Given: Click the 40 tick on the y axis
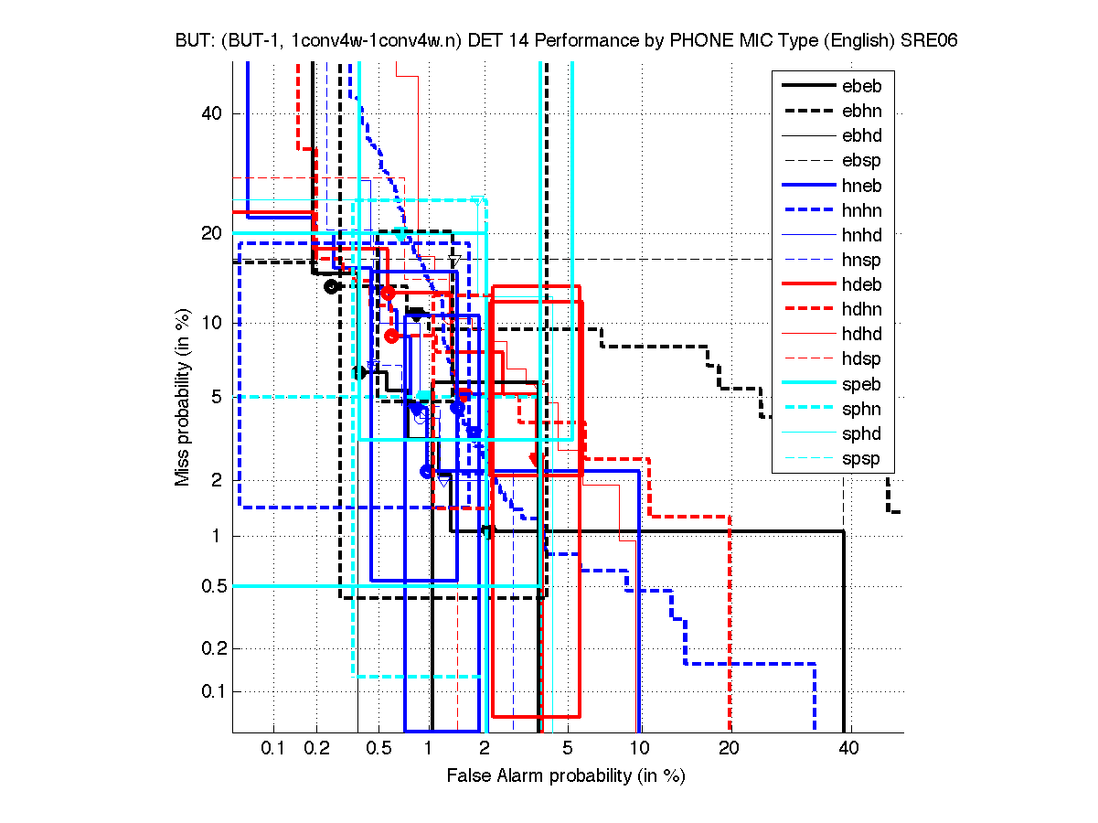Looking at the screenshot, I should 210,113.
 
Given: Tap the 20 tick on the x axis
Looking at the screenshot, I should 729,749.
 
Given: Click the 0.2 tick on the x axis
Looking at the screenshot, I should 317,749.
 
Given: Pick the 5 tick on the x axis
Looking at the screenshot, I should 568,749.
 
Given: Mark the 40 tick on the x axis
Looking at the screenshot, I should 849,749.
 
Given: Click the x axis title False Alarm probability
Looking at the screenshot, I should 565,775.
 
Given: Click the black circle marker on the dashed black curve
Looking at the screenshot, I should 332,286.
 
